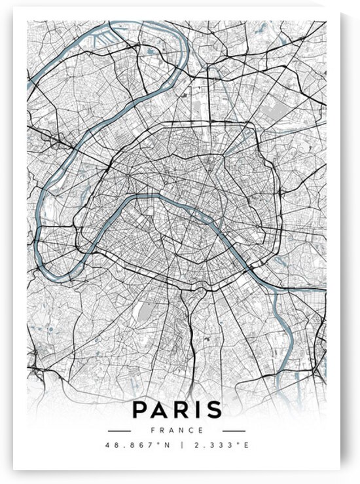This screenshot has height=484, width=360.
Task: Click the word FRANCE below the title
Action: pyautogui.click(x=176, y=430)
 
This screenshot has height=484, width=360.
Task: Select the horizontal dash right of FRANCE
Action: pyautogui.click(x=234, y=431)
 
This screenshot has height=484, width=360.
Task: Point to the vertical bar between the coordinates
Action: pyautogui.click(x=177, y=446)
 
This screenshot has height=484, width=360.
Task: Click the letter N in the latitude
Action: pyautogui.click(x=160, y=446)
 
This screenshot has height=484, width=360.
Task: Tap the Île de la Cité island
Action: pyautogui.click(x=189, y=208)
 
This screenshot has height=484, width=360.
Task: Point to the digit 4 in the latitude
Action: pyautogui.click(x=107, y=446)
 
